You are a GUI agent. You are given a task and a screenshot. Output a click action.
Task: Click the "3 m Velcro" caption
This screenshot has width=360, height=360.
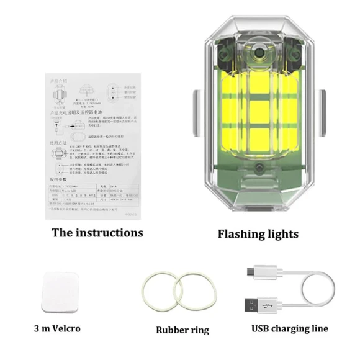58,328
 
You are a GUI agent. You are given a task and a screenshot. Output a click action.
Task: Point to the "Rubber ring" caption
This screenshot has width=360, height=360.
182,330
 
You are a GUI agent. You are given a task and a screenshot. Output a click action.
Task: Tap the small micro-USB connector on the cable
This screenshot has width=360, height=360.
251,272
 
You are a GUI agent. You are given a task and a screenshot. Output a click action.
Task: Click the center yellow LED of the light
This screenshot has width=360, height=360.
258,112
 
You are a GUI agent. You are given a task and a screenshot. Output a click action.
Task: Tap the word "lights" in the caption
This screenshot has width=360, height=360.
282,234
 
